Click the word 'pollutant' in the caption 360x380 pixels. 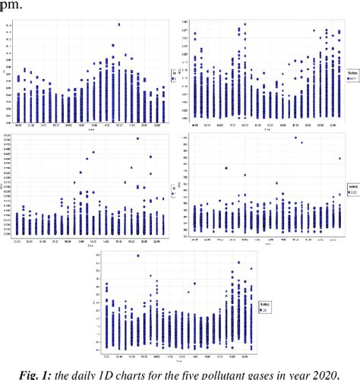(250, 372)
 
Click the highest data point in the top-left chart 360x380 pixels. (118, 25)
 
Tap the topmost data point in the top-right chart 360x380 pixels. (245, 24)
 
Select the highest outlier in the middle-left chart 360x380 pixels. (137, 138)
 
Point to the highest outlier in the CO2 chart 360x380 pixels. (295, 138)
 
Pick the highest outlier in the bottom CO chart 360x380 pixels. (137, 255)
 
